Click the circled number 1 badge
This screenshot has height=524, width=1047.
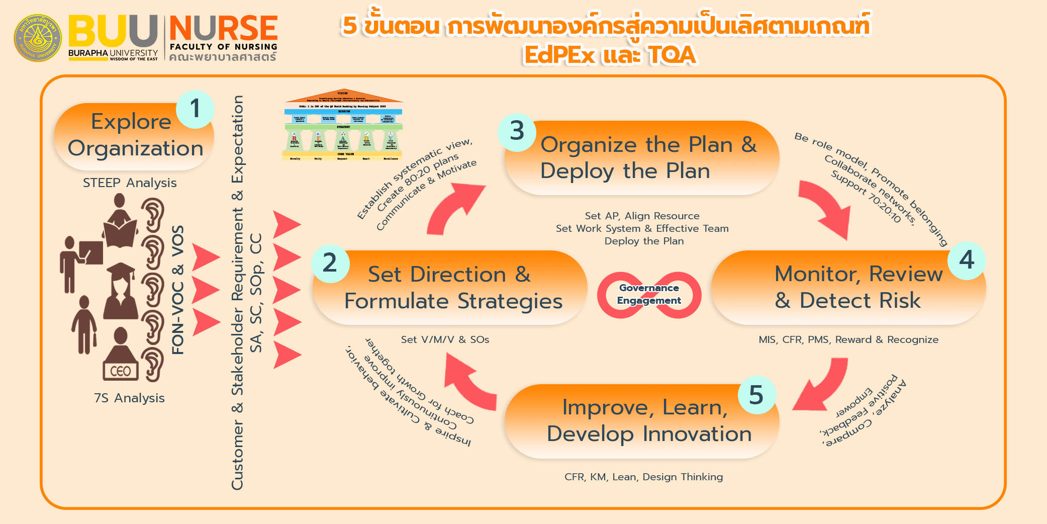(195, 109)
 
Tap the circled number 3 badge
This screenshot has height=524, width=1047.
(517, 131)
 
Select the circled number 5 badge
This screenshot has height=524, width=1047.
(756, 395)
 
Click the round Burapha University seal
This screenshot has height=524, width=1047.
(38, 38)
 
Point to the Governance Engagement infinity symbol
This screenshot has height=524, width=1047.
(649, 295)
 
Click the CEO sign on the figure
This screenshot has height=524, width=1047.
(120, 371)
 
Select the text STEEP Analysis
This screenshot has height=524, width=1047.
(130, 183)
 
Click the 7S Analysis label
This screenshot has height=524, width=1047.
(129, 398)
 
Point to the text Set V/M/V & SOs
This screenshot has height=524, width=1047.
(445, 339)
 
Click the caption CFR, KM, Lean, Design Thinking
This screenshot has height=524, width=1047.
(643, 477)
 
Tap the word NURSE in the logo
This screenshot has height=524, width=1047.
(223, 28)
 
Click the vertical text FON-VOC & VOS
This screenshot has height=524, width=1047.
(178, 290)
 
